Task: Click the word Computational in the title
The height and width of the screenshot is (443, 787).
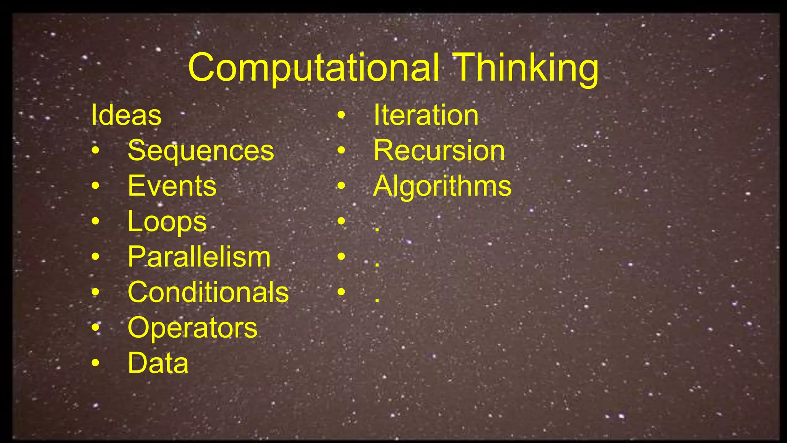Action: pos(314,68)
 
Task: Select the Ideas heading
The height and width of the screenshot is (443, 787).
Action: pos(126,115)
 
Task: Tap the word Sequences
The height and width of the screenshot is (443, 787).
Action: pos(201,150)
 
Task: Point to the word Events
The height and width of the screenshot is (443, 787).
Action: pos(172,186)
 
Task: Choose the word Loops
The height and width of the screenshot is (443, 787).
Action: pos(167,222)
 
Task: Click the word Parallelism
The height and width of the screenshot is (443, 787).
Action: pos(199,257)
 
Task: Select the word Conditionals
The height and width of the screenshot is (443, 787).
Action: pos(208,292)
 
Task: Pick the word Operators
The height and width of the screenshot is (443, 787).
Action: pos(192,328)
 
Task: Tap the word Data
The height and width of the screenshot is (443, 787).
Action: pos(158,363)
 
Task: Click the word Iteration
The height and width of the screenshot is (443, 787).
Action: pos(426,115)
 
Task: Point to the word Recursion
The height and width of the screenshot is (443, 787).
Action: pos(439,150)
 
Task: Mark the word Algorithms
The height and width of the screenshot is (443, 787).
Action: pos(442,186)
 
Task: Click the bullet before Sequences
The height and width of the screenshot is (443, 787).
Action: pos(95,150)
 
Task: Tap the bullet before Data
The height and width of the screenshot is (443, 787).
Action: pos(95,363)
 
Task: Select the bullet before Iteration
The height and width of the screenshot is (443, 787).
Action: pos(341,115)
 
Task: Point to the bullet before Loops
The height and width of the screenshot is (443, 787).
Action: pos(95,221)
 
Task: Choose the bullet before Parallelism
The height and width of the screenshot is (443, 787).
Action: pos(95,256)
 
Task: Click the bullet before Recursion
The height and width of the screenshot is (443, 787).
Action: pos(341,150)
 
